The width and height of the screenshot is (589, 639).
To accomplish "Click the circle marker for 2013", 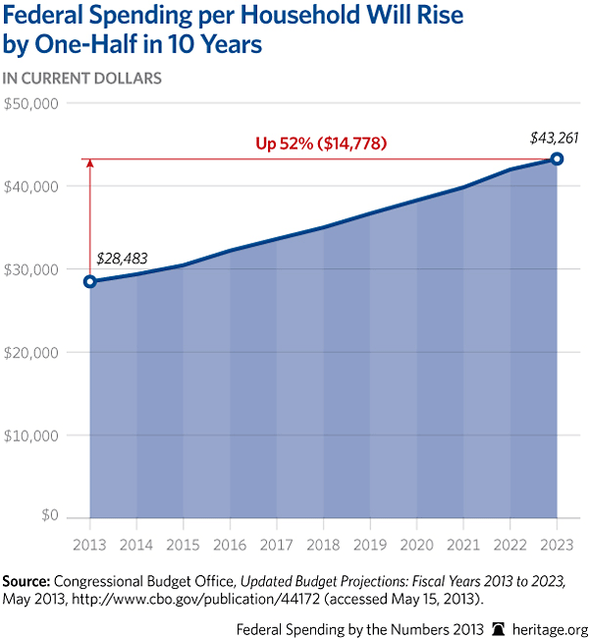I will tap(90, 281).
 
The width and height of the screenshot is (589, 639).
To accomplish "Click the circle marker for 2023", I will tap(557, 158).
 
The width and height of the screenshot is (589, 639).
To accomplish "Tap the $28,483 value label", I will tap(121, 258).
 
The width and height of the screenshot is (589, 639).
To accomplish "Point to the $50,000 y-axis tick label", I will tap(33, 103).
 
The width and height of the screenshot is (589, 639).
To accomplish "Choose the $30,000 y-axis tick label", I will tap(33, 268).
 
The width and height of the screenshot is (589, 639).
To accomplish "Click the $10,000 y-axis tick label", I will tap(33, 435).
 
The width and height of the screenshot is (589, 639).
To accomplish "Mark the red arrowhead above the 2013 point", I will tap(90, 163).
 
